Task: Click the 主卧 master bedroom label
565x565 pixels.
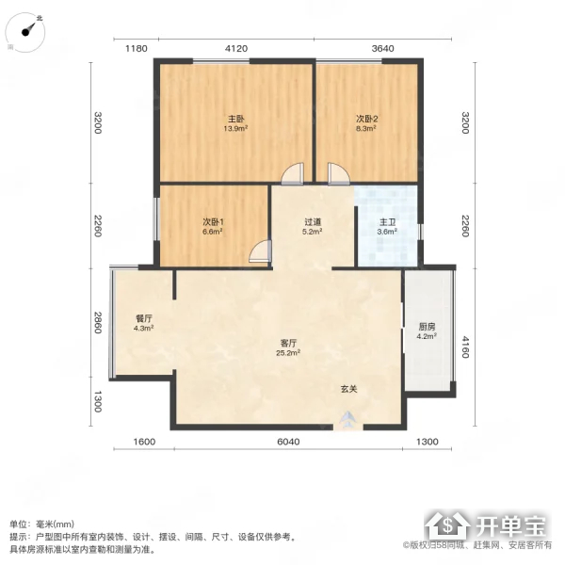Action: (236, 119)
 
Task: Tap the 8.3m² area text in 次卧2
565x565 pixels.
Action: (366, 128)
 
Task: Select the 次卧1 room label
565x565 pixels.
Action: (213, 221)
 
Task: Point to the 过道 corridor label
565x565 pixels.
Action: (313, 222)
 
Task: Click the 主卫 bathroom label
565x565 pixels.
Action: (387, 222)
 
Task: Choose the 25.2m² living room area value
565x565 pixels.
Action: (288, 353)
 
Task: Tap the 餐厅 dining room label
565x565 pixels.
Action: (144, 318)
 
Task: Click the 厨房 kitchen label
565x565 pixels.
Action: (427, 327)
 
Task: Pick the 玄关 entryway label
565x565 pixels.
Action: (348, 389)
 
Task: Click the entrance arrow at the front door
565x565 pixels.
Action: (347, 419)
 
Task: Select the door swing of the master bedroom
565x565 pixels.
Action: (292, 174)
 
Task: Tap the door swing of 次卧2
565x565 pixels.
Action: (339, 174)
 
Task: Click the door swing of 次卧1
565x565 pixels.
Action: (260, 250)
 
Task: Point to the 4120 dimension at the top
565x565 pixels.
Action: (236, 49)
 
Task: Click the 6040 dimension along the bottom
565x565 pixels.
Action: (288, 442)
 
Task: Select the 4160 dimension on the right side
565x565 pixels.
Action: (465, 347)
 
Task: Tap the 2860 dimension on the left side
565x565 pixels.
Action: (98, 322)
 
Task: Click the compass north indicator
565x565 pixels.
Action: (29, 29)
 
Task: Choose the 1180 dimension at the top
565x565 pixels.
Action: (137, 49)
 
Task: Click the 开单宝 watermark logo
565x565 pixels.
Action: (486, 526)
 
